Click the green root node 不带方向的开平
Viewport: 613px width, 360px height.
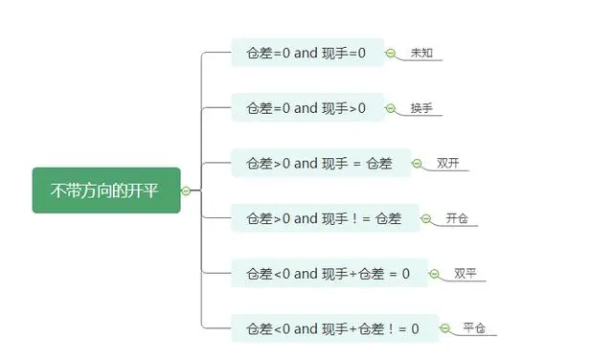[x=105, y=191]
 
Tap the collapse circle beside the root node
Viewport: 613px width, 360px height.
[x=186, y=191]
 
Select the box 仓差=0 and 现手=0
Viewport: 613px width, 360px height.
[x=306, y=53]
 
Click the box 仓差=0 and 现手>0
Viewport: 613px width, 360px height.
[x=306, y=107]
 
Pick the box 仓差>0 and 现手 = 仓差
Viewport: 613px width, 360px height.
[x=320, y=163]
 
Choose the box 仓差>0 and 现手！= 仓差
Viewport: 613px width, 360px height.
[x=324, y=218]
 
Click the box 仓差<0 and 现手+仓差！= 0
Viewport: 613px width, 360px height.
[x=333, y=328]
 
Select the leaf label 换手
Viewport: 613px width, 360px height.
[x=421, y=107]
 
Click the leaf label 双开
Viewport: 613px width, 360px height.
[x=447, y=163]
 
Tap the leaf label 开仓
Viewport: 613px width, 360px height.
[x=457, y=218]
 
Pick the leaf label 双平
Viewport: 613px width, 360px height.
[x=465, y=273]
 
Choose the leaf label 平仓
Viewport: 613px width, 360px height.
[x=474, y=328]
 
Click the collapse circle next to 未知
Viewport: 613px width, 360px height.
[x=391, y=54]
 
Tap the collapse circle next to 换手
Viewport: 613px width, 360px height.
[x=391, y=108]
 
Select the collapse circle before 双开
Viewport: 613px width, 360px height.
[x=417, y=164]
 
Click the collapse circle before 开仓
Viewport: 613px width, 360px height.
[x=425, y=219]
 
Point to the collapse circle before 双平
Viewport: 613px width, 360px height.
[x=434, y=274]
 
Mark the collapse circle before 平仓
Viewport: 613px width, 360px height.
[x=443, y=329]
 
